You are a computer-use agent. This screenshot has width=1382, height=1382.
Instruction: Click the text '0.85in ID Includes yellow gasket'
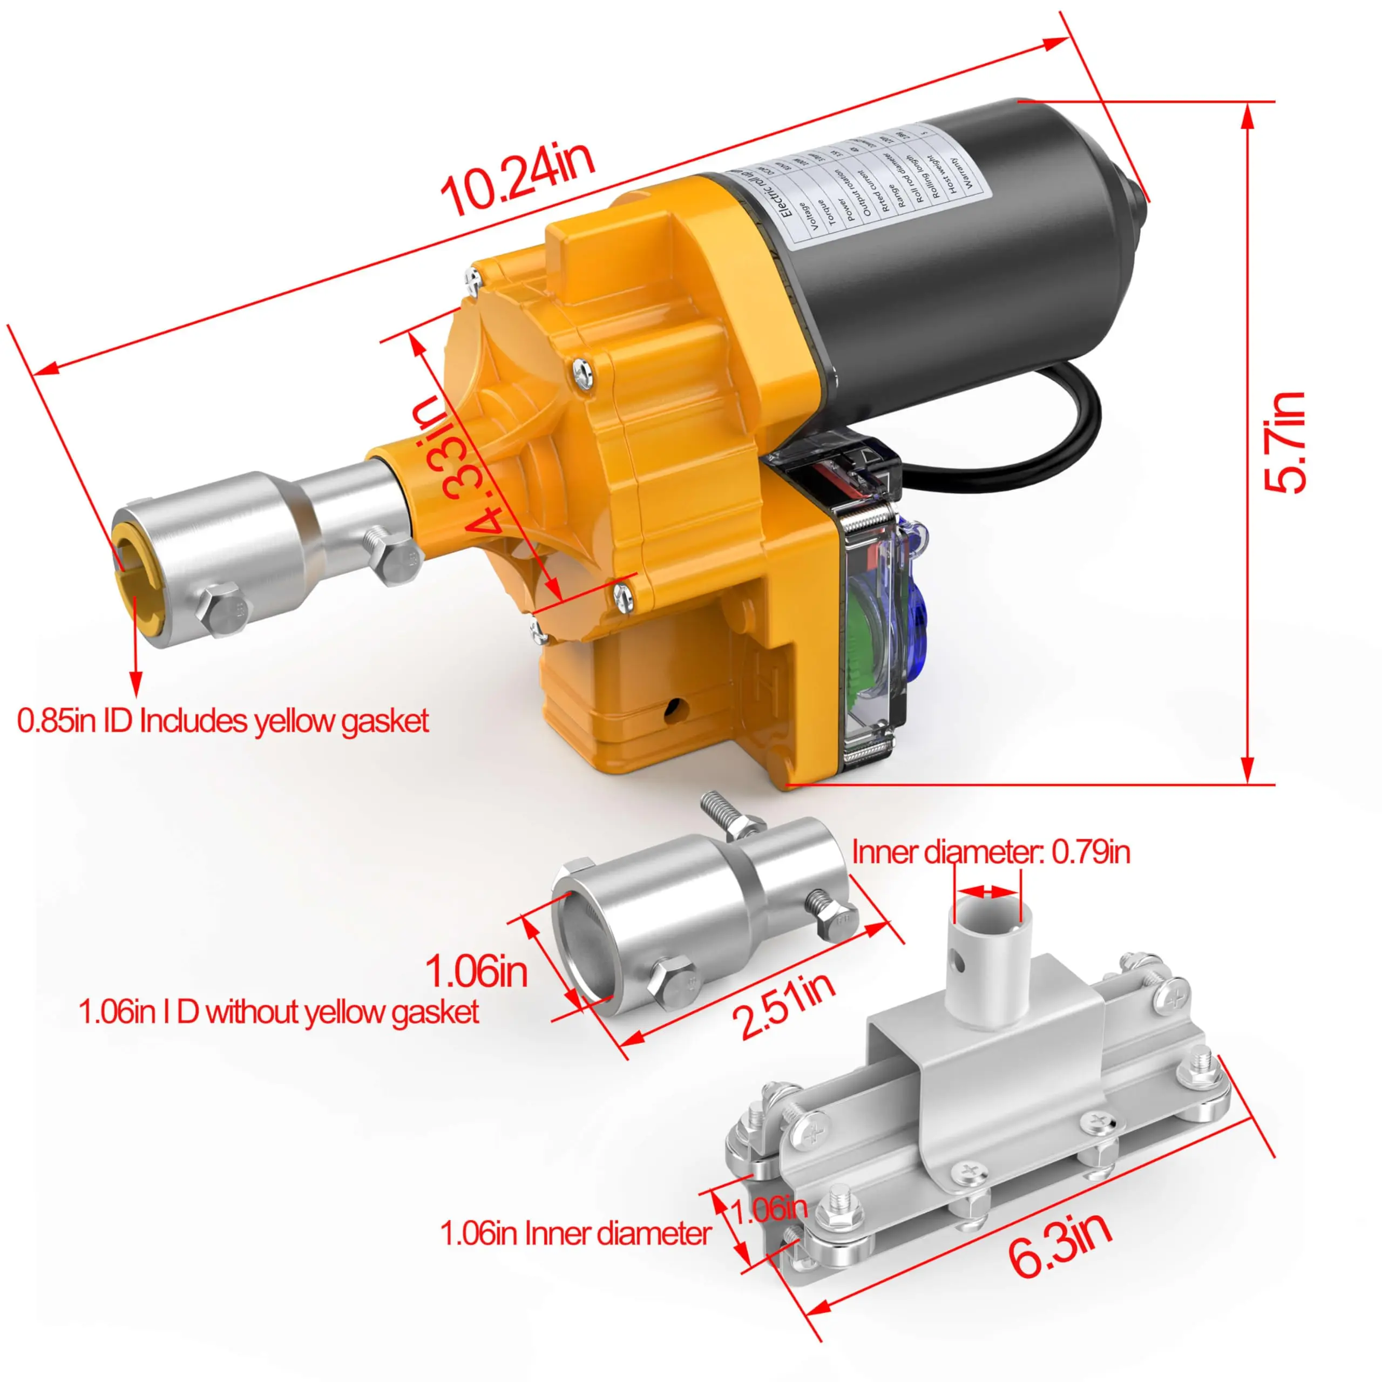222,721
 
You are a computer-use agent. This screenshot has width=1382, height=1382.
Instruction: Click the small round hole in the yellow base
673,709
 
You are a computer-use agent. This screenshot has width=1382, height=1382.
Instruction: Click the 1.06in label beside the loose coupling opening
476,971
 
